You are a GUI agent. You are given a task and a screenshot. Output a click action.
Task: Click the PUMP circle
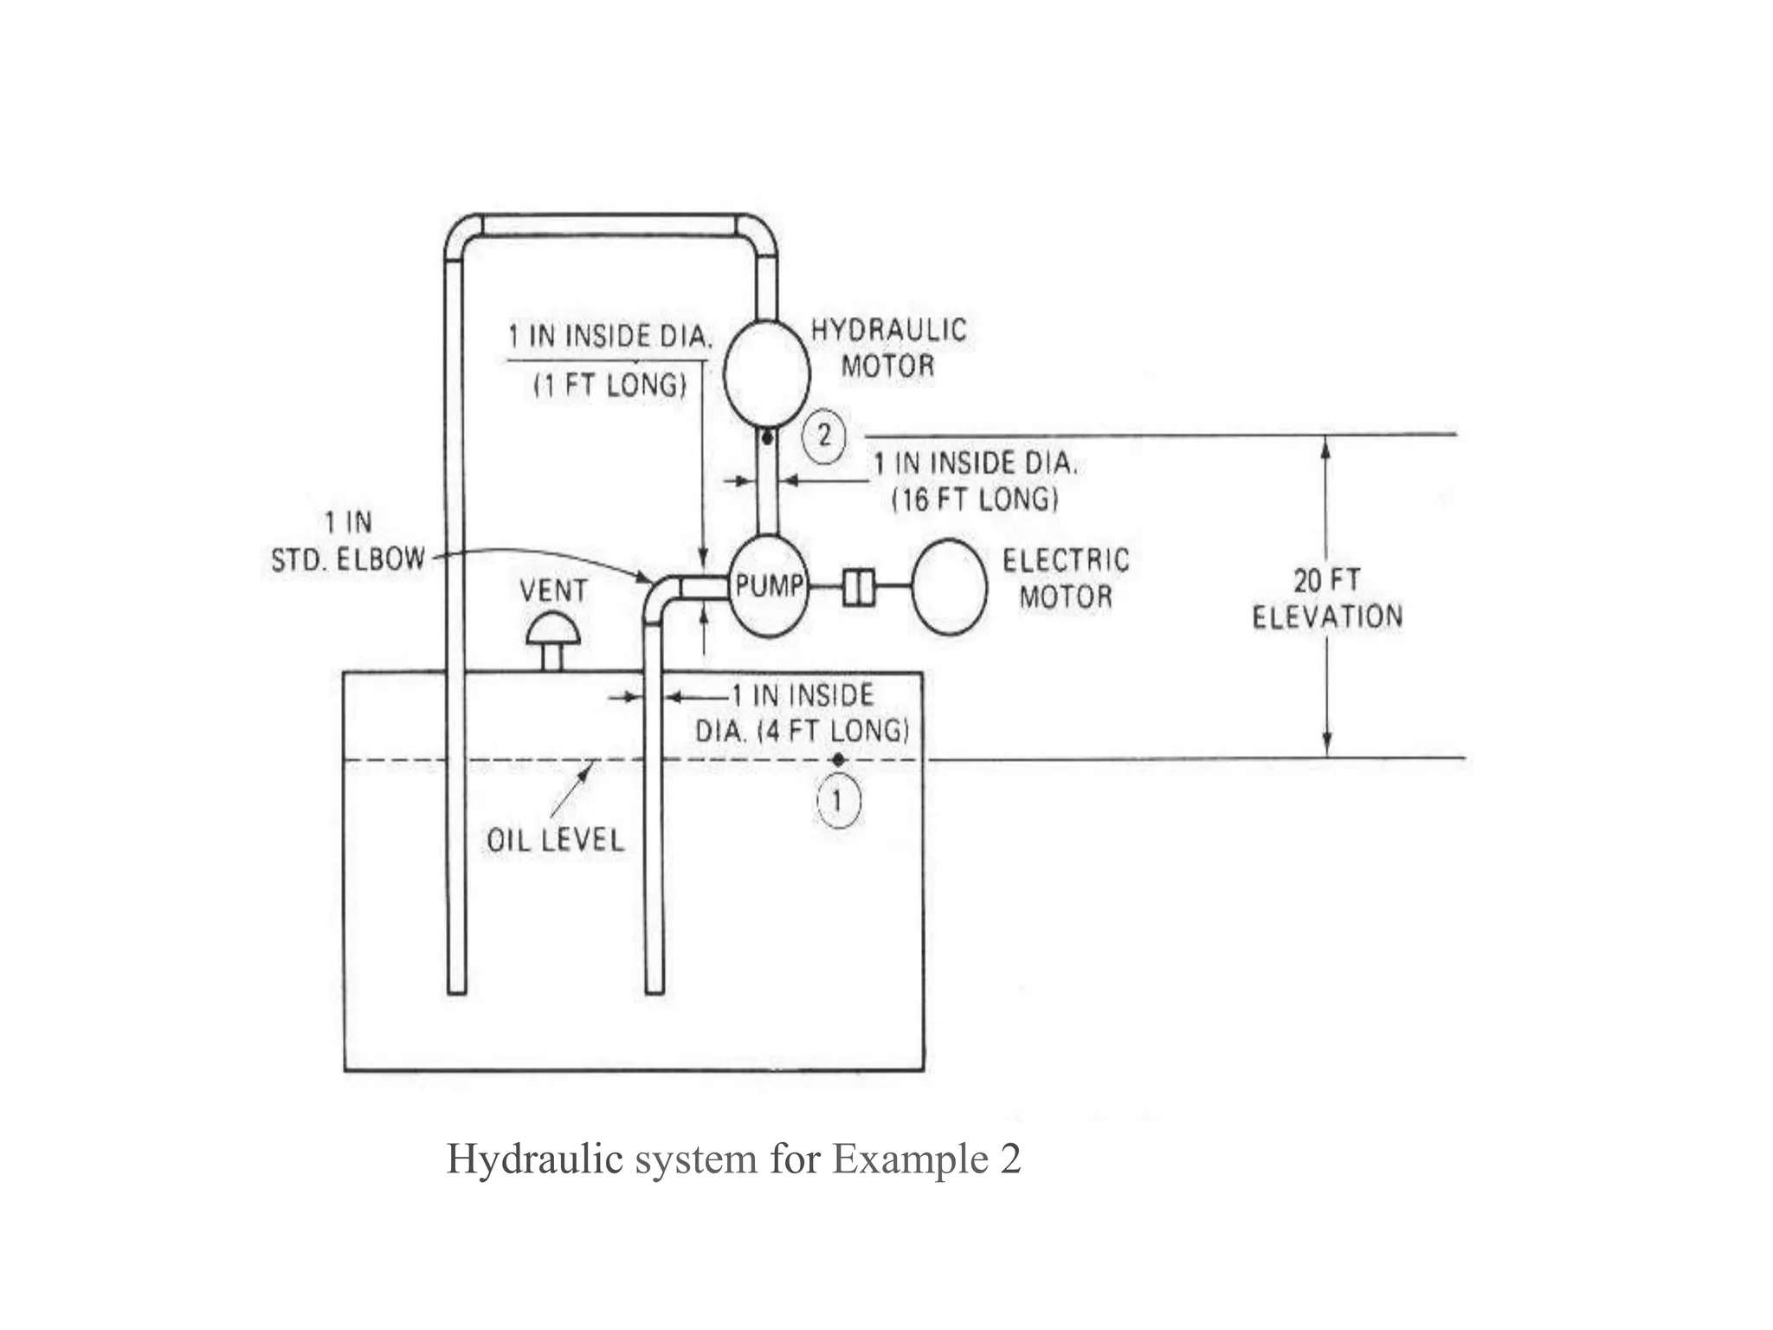tap(769, 586)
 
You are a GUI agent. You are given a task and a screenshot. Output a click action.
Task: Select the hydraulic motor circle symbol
tap(766, 373)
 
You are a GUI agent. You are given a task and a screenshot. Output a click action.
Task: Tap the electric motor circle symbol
tap(949, 587)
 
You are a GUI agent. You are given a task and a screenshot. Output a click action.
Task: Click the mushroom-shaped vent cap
tap(552, 629)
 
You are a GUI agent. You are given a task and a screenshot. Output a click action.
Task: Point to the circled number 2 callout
tap(823, 436)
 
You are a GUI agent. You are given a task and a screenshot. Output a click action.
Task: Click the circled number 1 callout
tap(838, 801)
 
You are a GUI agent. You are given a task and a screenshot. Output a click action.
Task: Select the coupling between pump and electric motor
tap(859, 587)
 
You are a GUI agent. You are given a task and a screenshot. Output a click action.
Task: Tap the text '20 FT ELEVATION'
tap(1326, 598)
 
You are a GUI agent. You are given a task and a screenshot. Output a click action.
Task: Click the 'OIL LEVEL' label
tap(555, 840)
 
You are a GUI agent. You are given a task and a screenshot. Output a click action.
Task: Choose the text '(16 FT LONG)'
tap(975, 500)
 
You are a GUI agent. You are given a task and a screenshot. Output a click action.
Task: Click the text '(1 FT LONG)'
tap(610, 385)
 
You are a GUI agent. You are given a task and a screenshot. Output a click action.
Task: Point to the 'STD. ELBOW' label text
tap(348, 559)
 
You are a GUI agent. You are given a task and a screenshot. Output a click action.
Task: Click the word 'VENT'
tap(553, 591)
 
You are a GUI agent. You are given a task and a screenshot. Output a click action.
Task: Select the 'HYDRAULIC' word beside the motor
tap(888, 330)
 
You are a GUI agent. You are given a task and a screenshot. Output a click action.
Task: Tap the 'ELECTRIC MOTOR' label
tap(1066, 578)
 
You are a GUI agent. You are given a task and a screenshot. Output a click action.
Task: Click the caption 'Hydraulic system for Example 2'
tap(733, 1159)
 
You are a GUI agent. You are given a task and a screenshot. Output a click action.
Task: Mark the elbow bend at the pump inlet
tap(661, 594)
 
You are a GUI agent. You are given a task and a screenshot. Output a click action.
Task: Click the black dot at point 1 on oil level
tap(838, 759)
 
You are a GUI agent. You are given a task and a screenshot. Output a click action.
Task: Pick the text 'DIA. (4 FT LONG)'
tap(802, 731)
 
